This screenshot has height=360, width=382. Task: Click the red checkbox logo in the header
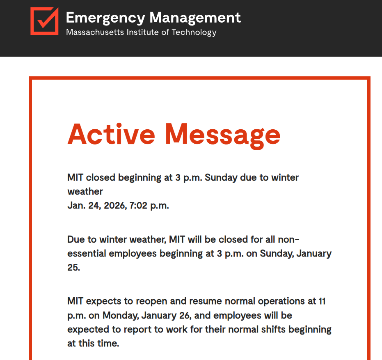pos(44,21)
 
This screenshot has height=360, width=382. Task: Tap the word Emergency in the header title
pos(105,18)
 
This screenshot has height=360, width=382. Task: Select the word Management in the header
pos(195,18)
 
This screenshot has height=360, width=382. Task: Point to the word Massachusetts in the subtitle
pos(91,32)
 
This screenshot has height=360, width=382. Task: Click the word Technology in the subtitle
pos(194,32)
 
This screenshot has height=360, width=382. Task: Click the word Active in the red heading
pos(111,134)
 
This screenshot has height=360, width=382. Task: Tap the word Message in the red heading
pos(223,134)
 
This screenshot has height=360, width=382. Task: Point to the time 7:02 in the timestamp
pos(138,206)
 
